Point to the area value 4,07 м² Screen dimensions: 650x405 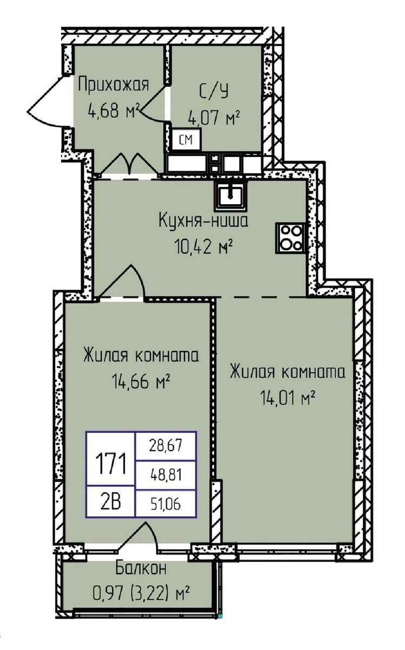pyautogui.click(x=213, y=116)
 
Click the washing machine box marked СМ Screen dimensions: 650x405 pyautogui.click(x=186, y=140)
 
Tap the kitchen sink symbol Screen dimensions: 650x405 pyautogui.click(x=231, y=194)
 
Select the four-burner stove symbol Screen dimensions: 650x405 pyautogui.click(x=291, y=236)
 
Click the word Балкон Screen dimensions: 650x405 pyautogui.click(x=140, y=569)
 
